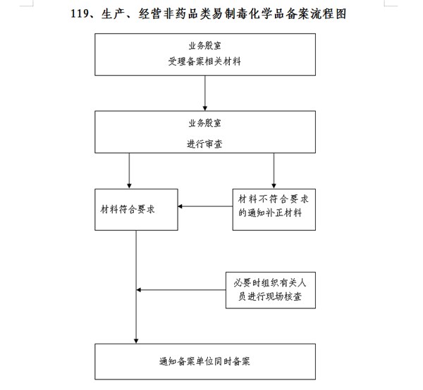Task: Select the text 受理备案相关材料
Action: point(204,61)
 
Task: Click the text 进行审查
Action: point(204,144)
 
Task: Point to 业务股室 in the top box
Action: point(204,46)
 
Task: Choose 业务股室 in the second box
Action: point(204,123)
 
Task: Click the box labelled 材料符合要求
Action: point(136,210)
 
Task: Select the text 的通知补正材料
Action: point(270,213)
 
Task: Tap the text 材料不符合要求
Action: point(274,199)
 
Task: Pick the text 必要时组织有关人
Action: point(270,283)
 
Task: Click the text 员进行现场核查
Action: point(270,296)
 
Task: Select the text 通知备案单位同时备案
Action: point(204,361)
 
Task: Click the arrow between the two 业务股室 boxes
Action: point(204,93)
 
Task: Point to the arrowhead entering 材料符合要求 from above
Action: point(129,186)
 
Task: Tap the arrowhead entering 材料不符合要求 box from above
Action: point(274,186)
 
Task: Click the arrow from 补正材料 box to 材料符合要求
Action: point(205,206)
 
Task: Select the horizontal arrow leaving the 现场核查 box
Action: point(181,290)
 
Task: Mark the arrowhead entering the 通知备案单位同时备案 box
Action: point(136,341)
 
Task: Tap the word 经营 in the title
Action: point(150,14)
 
